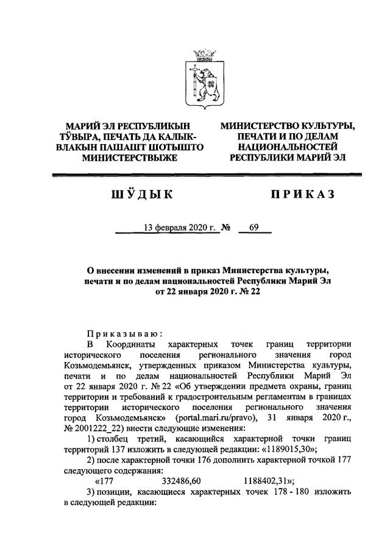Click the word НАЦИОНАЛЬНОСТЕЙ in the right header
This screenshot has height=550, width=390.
(288, 147)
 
